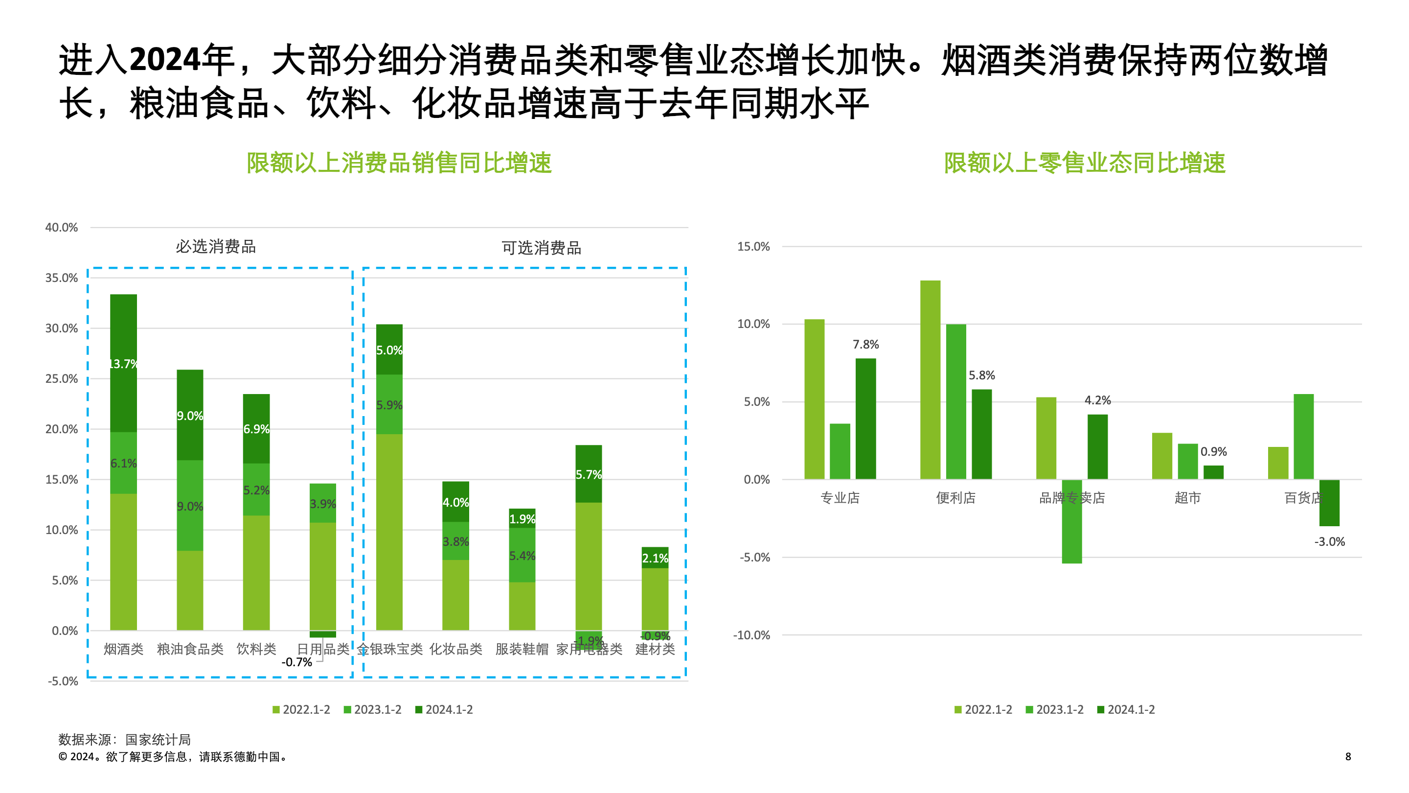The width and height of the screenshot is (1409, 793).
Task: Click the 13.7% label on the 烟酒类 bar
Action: click(x=123, y=364)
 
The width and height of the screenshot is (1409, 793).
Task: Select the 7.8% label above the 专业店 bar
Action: click(x=865, y=344)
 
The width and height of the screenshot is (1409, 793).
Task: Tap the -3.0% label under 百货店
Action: click(x=1329, y=542)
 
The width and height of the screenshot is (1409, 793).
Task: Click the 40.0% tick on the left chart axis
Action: click(x=61, y=227)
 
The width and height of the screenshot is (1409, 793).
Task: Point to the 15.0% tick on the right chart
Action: click(x=753, y=246)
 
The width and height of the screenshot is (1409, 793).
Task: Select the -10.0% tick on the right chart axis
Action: click(x=751, y=635)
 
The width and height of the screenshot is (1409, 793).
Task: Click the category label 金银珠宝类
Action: click(x=390, y=649)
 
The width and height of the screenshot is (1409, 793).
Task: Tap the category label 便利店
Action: click(x=955, y=498)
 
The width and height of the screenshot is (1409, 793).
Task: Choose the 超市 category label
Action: click(x=1187, y=498)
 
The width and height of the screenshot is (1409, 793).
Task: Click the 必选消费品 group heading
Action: click(x=215, y=247)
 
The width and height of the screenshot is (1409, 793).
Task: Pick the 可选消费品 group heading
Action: click(x=541, y=248)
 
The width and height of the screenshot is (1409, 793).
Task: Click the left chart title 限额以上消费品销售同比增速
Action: click(x=399, y=163)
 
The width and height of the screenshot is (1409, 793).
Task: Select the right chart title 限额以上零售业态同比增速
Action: click(x=1084, y=163)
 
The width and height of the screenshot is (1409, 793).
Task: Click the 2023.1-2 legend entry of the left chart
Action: click(x=372, y=709)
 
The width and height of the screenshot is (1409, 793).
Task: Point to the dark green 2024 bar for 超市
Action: click(x=1213, y=472)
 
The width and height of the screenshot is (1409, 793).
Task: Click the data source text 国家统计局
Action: click(x=158, y=740)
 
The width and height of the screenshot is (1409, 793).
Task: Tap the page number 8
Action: click(x=1348, y=756)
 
